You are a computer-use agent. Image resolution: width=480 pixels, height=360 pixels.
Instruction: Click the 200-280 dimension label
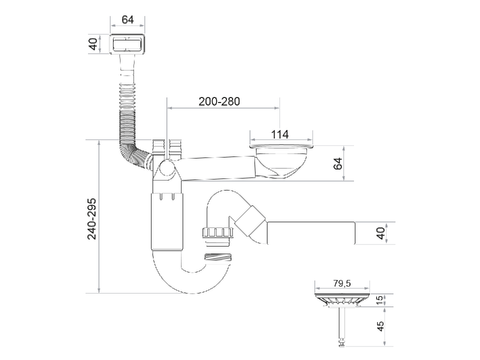[x=219, y=101]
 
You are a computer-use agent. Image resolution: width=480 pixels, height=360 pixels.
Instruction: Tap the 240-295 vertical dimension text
[x=92, y=219]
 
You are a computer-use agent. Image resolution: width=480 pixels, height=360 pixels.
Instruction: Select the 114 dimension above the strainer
[x=280, y=134]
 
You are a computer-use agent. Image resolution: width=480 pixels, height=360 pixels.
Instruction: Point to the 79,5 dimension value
[x=342, y=283]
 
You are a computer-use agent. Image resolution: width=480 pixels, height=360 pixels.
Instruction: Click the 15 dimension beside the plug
[x=380, y=300]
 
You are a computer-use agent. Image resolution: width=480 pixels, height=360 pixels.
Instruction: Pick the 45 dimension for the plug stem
[x=380, y=326]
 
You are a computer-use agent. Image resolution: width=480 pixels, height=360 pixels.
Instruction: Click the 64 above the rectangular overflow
[x=128, y=20]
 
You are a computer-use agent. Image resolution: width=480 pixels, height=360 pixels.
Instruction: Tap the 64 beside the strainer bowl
[x=338, y=164]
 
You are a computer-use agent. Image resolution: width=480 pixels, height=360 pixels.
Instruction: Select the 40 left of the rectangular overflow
[x=94, y=44]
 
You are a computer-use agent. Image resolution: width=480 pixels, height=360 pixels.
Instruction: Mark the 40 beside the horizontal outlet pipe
[x=380, y=233]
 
